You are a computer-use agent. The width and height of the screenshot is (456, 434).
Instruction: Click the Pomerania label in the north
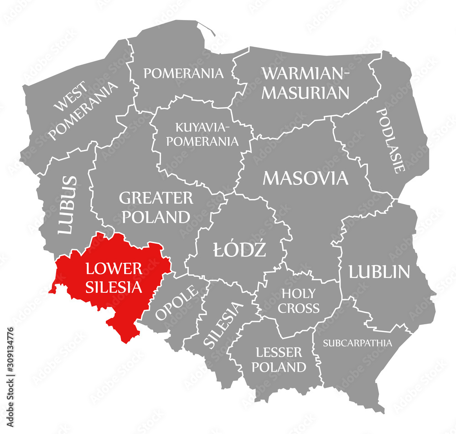click(x=184, y=73)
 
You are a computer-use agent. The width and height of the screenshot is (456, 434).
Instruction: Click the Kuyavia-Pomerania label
click(x=202, y=134)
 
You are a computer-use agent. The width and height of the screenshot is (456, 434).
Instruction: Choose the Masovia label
click(x=306, y=178)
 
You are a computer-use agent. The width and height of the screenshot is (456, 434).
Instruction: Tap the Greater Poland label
click(x=156, y=207)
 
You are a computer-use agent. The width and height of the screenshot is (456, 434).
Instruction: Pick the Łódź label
click(x=239, y=249)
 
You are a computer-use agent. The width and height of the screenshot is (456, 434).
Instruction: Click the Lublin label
click(x=379, y=272)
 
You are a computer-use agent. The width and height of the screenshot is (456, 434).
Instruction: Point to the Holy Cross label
click(x=299, y=301)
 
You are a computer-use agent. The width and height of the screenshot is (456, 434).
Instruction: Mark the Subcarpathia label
click(x=358, y=343)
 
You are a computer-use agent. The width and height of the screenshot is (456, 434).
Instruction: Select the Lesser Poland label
click(x=279, y=359)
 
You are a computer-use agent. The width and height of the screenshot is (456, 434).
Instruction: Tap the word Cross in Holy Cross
click(x=299, y=308)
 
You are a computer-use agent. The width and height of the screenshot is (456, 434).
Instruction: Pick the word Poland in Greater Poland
click(x=156, y=217)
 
